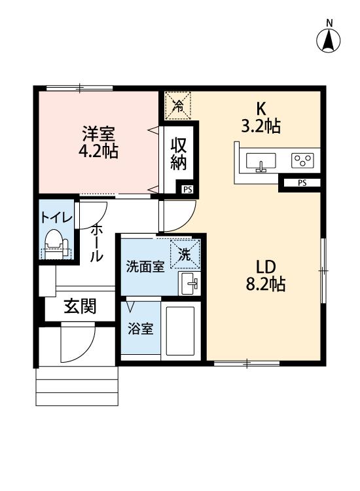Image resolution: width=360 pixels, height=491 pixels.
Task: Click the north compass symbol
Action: tap(329, 41)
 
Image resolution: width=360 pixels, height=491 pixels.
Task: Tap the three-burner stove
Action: tap(303, 160)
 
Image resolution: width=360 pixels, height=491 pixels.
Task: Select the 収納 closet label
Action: tap(179, 154)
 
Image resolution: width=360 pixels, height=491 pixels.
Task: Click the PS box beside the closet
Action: tap(188, 190)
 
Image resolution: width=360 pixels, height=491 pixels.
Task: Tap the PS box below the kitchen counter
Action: tap(302, 183)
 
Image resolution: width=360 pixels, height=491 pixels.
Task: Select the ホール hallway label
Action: tap(96, 242)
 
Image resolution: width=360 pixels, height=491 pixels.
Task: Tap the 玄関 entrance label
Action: tap(80, 306)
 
